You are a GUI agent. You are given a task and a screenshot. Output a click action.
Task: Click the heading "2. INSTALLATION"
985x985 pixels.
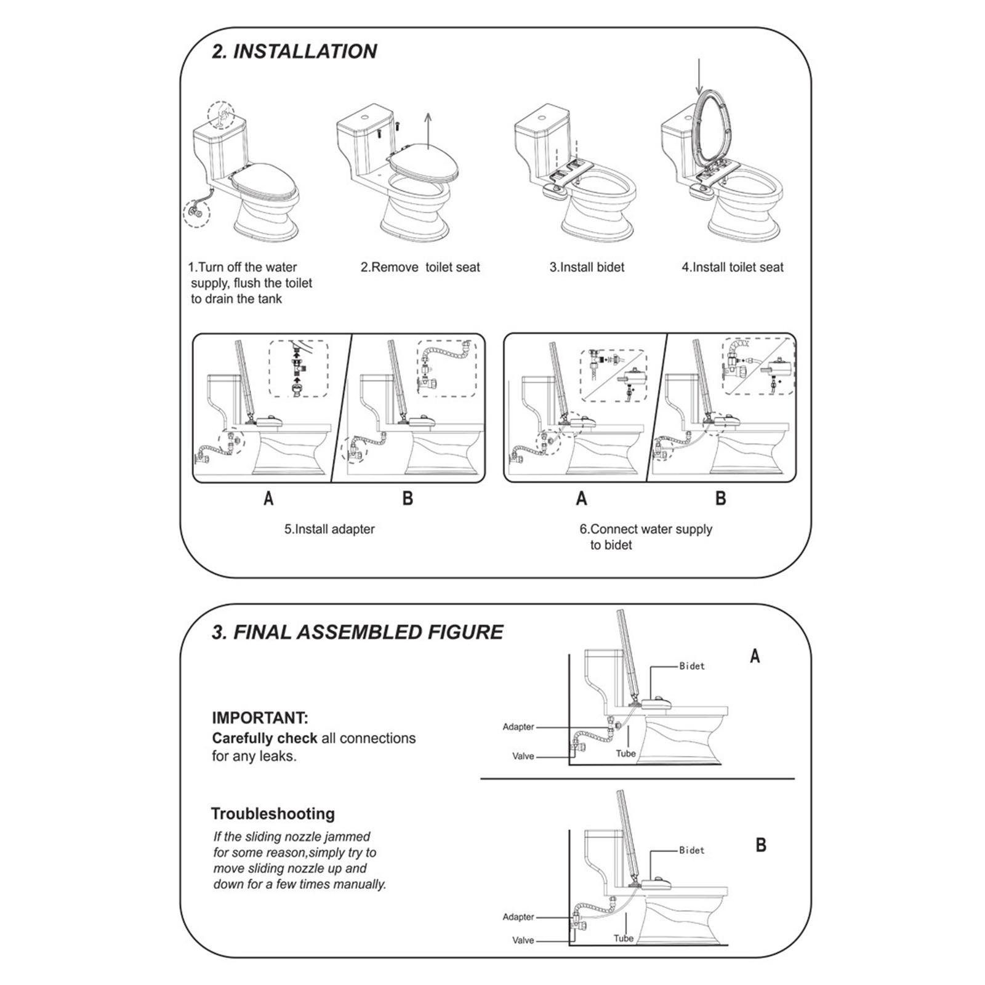click(294, 51)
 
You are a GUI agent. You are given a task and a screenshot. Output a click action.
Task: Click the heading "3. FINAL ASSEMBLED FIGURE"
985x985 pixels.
click(357, 632)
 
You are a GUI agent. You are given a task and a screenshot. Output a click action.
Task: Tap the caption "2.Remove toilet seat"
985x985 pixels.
click(420, 267)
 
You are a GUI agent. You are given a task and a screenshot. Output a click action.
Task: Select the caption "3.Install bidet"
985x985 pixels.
click(587, 267)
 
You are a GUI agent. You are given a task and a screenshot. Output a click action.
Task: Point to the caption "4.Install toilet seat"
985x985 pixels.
click(733, 267)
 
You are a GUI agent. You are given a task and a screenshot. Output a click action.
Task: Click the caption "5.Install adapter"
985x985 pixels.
click(329, 529)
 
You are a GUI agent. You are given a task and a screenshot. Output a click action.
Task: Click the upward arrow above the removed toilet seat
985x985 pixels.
click(428, 129)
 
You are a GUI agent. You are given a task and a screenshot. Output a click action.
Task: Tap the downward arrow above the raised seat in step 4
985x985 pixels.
click(699, 77)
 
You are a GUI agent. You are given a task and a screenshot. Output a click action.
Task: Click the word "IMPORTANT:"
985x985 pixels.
click(260, 718)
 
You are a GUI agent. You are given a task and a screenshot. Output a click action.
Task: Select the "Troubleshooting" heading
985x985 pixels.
click(273, 814)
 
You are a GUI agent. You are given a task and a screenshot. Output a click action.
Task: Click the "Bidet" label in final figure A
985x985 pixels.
click(692, 666)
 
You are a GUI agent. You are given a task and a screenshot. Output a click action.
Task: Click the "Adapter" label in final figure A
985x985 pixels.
click(518, 727)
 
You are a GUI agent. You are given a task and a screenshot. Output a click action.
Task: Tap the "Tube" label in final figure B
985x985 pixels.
click(623, 939)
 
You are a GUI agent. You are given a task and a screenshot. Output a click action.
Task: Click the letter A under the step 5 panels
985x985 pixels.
click(268, 498)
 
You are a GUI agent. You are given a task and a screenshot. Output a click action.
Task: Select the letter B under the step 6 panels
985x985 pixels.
click(721, 498)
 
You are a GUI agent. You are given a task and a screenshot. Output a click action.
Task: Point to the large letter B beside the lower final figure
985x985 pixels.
click(761, 845)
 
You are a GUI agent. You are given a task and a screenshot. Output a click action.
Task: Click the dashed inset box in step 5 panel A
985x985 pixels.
click(299, 369)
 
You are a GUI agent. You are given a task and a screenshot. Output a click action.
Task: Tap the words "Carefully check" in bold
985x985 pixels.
click(264, 738)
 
